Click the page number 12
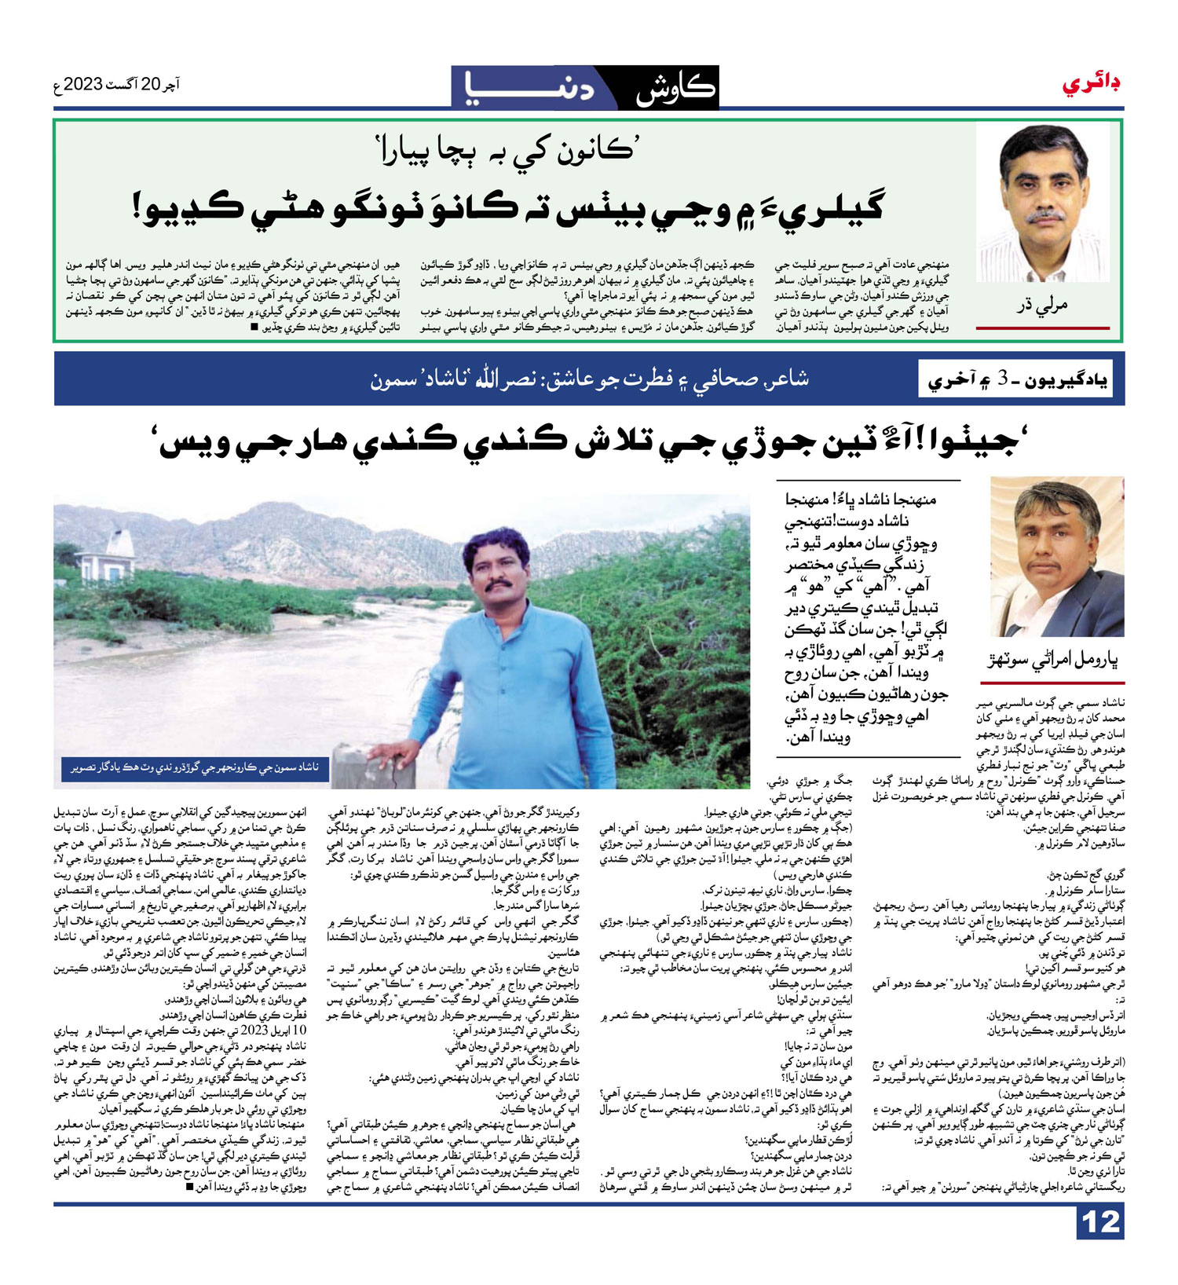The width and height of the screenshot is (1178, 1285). [1100, 1223]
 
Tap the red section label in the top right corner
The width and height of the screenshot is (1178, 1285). [1092, 83]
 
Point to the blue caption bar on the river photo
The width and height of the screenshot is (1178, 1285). [195, 767]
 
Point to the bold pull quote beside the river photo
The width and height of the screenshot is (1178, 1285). [867, 617]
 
